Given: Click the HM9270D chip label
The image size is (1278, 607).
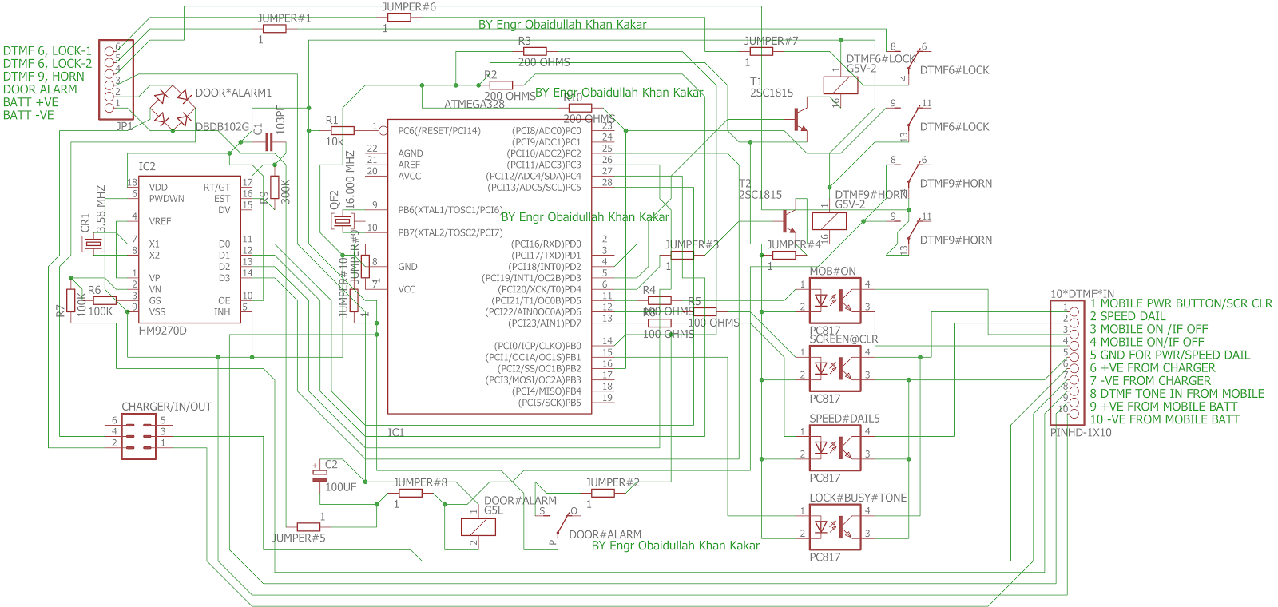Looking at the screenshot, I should point(162,331).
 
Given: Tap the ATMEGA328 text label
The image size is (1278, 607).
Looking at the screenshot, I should point(474,105).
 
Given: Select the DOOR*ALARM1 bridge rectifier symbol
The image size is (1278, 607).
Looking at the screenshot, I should point(170,108).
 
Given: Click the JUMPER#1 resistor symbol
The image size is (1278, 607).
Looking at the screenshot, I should point(274,29).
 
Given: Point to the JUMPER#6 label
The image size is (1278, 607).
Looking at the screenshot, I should point(408,7).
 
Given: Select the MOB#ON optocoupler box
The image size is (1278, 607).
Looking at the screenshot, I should point(835,301).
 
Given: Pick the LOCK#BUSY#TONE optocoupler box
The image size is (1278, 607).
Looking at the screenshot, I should point(835,527).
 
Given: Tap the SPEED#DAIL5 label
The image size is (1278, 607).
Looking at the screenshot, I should point(844,419).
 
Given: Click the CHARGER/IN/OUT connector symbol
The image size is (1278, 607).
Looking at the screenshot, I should point(139,436).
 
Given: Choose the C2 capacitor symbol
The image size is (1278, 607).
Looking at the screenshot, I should point(319,476).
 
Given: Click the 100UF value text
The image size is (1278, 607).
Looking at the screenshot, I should point(341,487).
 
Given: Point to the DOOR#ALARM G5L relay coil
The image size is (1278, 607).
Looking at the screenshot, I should point(478,527).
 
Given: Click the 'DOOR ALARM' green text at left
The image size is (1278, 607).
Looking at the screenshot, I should point(40,89).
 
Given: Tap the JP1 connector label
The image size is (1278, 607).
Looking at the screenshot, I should point(124,126).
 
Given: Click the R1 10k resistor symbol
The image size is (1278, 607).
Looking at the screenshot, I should point(342,130).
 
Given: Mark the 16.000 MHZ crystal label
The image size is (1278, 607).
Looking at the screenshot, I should point(350,181).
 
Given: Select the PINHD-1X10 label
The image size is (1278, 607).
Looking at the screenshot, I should point(1080,433).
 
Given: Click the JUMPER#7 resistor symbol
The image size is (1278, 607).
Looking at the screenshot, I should point(761,51).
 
